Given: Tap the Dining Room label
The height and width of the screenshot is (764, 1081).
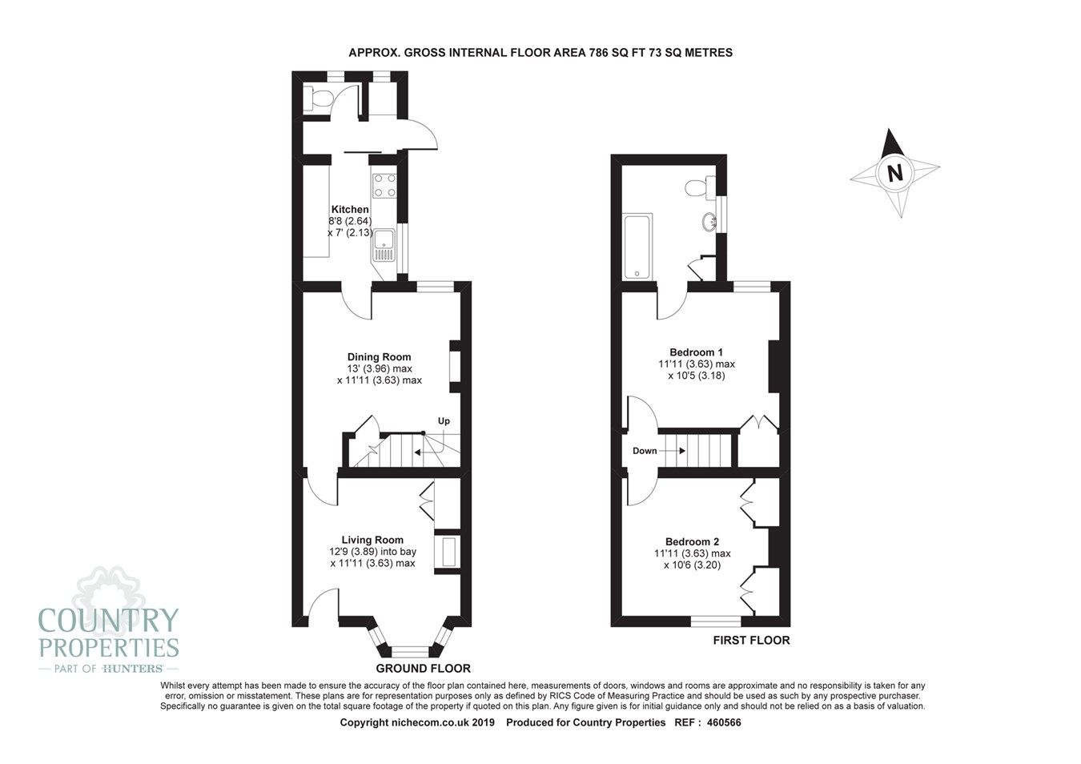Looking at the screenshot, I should tap(379, 357).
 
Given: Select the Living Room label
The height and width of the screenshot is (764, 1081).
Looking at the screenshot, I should tap(372, 540).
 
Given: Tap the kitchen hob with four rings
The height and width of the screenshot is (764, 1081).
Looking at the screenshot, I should tap(384, 186).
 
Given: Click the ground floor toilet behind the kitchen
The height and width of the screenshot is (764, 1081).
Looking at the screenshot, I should tap(320, 99).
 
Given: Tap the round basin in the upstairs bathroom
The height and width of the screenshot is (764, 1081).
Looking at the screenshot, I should tap(708, 222).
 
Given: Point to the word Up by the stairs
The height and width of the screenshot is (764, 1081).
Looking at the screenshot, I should tap(444, 421).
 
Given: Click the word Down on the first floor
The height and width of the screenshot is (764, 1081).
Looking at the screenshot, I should tap(645, 451).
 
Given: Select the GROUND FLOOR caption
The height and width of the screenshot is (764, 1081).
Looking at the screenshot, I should tap(423, 668).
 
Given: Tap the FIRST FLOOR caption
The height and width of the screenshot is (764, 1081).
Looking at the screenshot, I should tap(751, 640).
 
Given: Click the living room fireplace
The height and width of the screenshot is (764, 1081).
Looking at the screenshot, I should tap(447, 552).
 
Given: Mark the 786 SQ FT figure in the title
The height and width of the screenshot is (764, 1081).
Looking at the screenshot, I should tap(619, 52).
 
